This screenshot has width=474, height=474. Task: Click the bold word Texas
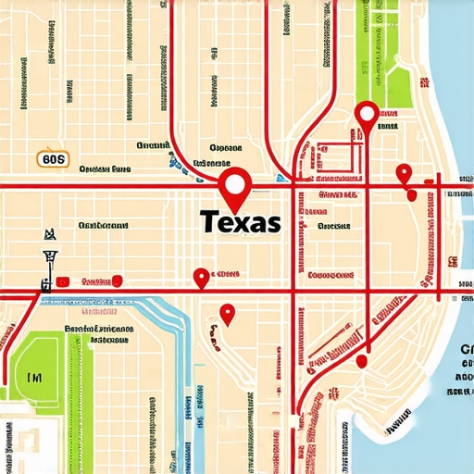pos(239,223)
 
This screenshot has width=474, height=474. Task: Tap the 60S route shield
pos(55,159)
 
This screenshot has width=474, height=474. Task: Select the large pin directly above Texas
pos(235,185)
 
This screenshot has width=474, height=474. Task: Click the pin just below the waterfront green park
pos(367,116)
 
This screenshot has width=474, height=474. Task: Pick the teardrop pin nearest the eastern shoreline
pos(403,173)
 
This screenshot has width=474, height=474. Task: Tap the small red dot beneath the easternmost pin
pos(410,195)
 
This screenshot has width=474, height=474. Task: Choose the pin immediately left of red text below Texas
pos(200,276)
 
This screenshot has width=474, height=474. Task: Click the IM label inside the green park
pos(34,377)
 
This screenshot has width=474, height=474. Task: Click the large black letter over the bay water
pos(465,350)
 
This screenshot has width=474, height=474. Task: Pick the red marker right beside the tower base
pos(61,281)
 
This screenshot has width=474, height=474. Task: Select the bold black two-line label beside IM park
pos(96,333)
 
